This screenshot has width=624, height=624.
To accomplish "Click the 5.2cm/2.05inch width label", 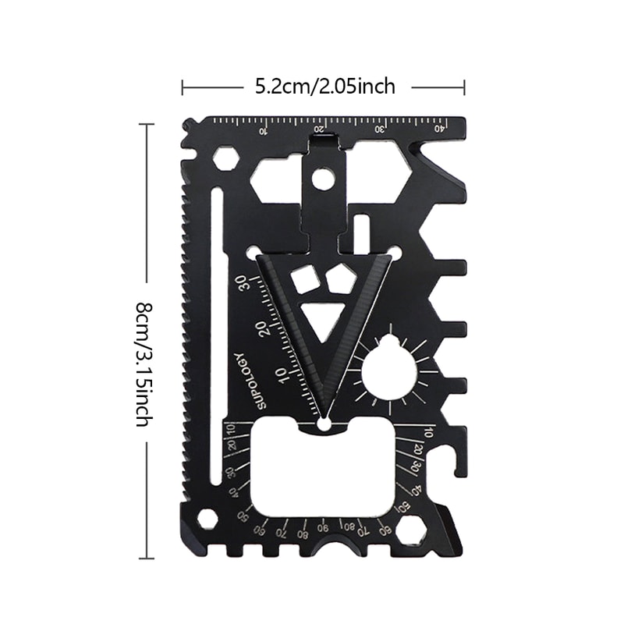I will pos(325,87).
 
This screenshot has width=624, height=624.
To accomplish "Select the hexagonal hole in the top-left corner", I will pos(225,158).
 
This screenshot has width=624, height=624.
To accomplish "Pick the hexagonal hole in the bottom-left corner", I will pos(207,519).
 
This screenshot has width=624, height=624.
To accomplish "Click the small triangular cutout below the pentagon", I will pos(321,318).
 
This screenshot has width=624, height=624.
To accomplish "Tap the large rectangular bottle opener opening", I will pos(324,468).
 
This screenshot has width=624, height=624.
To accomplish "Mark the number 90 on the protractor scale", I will pos(323,524).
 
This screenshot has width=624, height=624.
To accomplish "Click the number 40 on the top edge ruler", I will pos(439,129).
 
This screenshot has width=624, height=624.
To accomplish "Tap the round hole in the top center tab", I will pos(322,179).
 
